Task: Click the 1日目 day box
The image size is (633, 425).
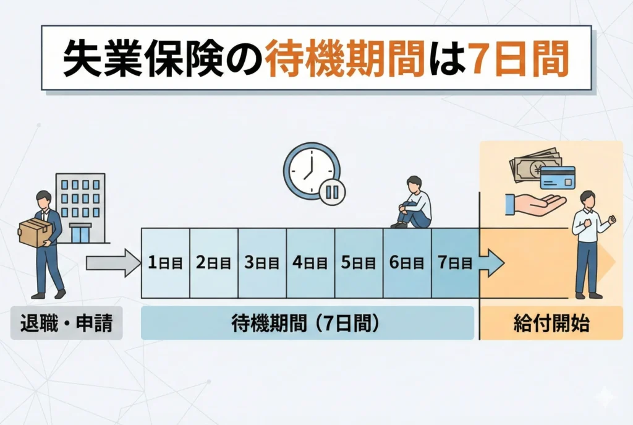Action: pos(165,263)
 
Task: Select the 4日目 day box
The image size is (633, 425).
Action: pos(310,263)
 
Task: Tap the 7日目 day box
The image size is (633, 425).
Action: pos(455,263)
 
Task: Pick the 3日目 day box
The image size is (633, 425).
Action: pos(262,263)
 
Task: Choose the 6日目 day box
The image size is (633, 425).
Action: pos(407,263)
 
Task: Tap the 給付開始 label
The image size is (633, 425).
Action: pos(551,324)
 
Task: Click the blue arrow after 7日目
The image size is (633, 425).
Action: pos(491,263)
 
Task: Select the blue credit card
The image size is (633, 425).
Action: pos(558,178)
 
